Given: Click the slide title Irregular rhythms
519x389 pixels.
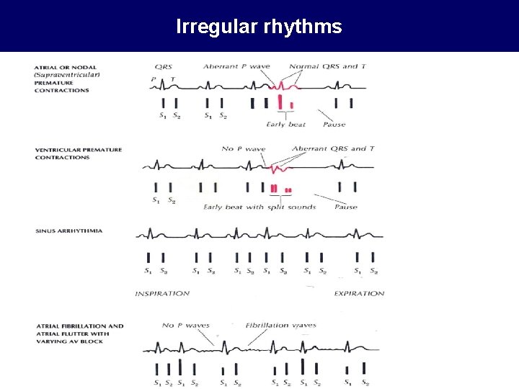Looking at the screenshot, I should point(259,27).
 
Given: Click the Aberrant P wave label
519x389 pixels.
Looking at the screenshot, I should point(236,66).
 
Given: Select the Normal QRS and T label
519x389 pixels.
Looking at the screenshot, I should point(328,66).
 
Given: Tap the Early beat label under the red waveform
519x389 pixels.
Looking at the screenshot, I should point(287,124).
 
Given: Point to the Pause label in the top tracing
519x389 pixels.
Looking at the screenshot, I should point(334,124).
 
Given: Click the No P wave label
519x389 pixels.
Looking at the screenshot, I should point(244,149).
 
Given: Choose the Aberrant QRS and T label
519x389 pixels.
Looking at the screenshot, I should point(334,149).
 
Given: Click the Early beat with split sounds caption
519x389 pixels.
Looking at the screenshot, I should point(259,207).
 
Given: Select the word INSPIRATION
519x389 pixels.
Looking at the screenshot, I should point(162,293).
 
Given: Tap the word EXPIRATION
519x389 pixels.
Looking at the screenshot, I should point(359,293).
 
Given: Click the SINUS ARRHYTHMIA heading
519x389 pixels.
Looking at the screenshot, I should point(68,231).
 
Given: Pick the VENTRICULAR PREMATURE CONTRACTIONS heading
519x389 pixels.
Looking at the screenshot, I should point(78,153).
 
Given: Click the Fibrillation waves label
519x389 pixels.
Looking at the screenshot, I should point(281,325).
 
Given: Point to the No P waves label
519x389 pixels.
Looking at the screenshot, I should point(185,325).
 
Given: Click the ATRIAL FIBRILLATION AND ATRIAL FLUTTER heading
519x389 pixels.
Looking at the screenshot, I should point(79,334).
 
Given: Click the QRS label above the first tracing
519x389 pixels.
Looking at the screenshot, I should point(163,66).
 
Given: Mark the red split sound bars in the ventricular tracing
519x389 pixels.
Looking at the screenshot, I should point(280,189).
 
